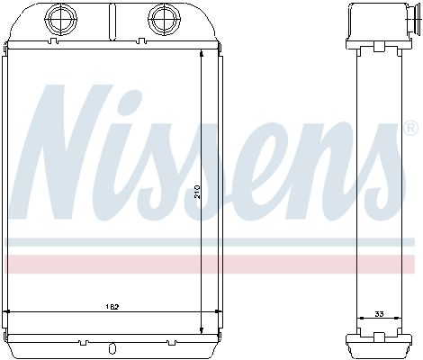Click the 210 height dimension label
point(197,192)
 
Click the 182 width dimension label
point(112,307)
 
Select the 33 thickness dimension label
point(379,314)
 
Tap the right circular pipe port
point(164,18)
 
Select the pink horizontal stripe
point(210,265)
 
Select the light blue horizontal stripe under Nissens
point(210,242)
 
